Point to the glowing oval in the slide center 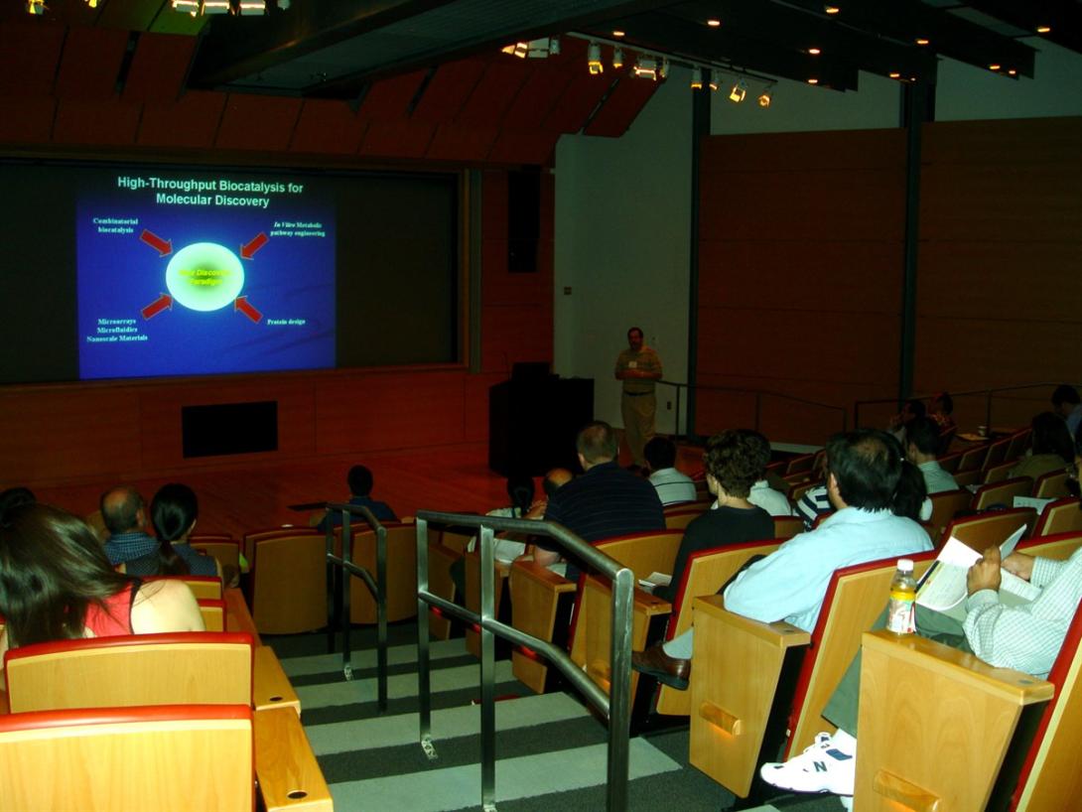tap(204, 276)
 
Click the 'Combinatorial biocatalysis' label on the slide tap(116, 225)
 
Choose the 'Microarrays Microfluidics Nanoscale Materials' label tap(117, 330)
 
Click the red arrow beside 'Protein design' tap(247, 309)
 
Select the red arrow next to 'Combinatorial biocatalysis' tap(155, 241)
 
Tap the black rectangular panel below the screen tap(229, 429)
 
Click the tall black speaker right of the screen tap(523, 219)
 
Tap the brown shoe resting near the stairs tap(659, 661)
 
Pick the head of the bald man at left tap(123, 508)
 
